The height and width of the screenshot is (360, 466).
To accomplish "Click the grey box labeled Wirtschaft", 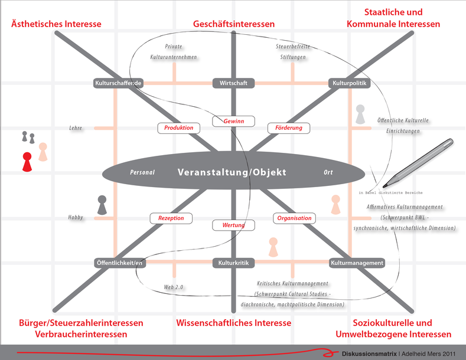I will pos(233,83).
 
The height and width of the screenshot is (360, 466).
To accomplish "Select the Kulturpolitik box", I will pos(350,83).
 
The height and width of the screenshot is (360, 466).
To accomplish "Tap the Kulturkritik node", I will pos(233,263).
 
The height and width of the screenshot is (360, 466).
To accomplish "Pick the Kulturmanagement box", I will pos(357,263).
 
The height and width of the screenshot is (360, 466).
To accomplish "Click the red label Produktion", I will pos(178,128).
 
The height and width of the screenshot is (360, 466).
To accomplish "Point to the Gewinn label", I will pos(233,122).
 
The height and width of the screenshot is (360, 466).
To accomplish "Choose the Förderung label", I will pos(288,128).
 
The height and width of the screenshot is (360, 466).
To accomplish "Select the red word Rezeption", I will pos(171,218).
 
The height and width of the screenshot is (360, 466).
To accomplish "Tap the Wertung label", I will pos(233,225).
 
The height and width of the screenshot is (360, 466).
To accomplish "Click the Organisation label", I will pos(294,218).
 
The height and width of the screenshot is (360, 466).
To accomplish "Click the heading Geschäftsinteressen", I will pos(234,24).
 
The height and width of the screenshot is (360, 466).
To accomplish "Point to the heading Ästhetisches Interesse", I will pos(57,24).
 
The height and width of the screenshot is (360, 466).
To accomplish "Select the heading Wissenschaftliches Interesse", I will pos(234,323).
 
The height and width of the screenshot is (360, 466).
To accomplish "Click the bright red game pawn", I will pos(27,162).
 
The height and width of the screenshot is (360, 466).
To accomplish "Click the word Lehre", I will pos(76,128).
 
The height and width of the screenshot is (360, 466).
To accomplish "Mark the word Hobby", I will pos(76,218).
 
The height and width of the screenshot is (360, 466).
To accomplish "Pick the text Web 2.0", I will pos(174,287).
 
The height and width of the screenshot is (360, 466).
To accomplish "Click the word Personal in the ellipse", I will pos(142,173).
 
